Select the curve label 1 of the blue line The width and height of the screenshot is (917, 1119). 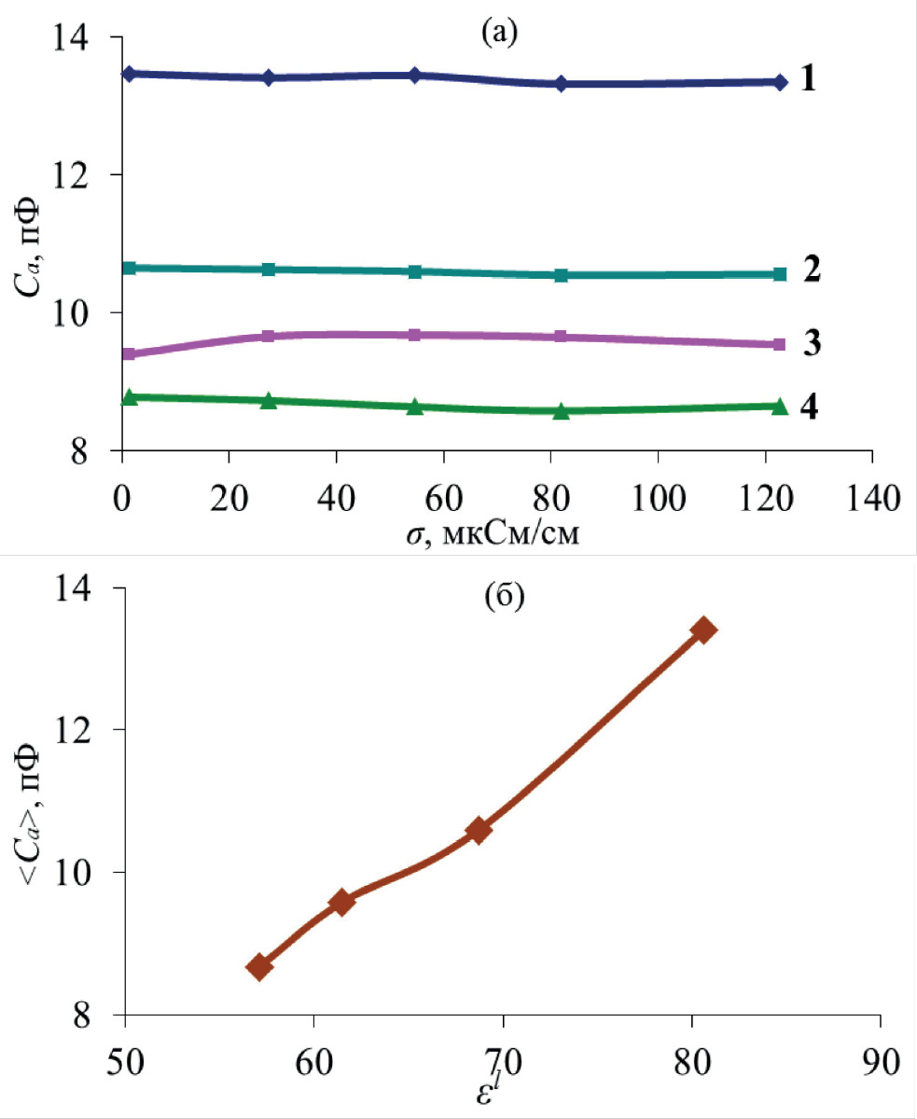(809, 79)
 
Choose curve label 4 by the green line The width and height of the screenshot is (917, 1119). (809, 408)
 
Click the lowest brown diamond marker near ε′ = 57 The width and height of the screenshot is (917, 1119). (259, 966)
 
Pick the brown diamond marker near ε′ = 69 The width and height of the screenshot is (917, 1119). (479, 830)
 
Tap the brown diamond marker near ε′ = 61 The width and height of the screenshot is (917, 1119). (341, 902)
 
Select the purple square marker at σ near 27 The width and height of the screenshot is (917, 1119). (269, 337)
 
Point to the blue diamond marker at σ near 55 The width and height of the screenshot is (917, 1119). (415, 76)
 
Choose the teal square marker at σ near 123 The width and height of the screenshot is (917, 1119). (780, 274)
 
